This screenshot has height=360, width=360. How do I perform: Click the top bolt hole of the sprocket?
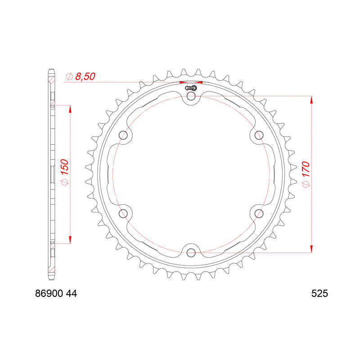(x=191, y=96)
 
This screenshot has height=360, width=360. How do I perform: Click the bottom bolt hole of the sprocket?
(x=191, y=251)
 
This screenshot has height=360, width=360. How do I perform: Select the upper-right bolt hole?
(x=258, y=135)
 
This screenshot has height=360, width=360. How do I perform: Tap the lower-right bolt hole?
(x=258, y=212)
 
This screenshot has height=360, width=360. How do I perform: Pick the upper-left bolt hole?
(x=124, y=135)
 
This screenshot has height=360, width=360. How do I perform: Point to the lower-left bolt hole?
(x=124, y=212)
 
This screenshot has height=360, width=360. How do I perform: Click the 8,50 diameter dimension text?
(x=85, y=77)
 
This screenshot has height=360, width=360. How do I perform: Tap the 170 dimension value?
(x=306, y=171)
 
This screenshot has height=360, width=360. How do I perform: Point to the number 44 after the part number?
(x=72, y=294)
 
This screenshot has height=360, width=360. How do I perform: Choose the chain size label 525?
(x=319, y=294)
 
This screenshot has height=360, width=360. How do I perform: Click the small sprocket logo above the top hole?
(x=191, y=88)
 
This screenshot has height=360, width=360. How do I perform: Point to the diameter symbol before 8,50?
(x=69, y=77)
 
